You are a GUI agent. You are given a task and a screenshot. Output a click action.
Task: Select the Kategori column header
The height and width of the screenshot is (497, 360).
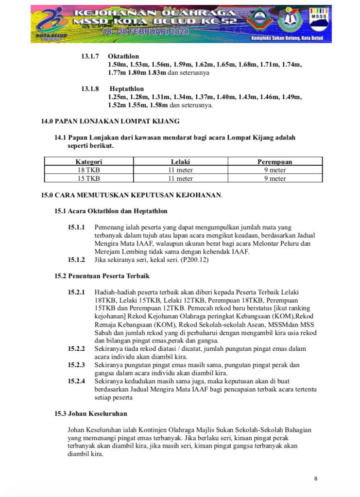[x=88, y=162]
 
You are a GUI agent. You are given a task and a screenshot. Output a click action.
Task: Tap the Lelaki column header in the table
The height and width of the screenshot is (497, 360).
[x=180, y=162]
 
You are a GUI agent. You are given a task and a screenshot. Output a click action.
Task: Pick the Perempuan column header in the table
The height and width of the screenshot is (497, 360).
[x=274, y=162]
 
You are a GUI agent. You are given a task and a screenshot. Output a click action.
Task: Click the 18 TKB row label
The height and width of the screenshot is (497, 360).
[x=88, y=170]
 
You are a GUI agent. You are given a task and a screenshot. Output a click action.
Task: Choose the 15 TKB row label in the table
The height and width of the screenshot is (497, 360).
[x=88, y=178]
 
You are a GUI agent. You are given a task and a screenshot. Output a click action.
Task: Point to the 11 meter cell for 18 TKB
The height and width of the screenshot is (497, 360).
[x=180, y=170]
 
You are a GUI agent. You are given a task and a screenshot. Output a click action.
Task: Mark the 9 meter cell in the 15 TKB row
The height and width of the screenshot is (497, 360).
[x=274, y=178]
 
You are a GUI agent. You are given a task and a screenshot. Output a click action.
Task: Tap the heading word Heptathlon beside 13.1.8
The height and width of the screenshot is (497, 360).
[x=126, y=89]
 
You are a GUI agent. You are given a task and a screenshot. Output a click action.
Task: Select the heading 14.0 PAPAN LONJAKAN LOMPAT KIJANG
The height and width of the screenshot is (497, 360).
[x=110, y=120]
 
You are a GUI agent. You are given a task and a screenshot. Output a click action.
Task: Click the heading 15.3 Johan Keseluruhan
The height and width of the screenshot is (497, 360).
[x=91, y=413]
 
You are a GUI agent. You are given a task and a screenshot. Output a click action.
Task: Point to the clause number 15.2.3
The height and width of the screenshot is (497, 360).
[x=76, y=364]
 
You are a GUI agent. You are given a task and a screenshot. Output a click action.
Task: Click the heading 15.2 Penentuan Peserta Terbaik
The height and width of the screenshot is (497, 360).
[x=102, y=276]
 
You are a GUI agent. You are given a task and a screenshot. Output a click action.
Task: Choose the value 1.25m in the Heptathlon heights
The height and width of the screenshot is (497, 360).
[x=117, y=97]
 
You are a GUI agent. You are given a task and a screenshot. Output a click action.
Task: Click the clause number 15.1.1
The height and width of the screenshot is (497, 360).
[x=76, y=227]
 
